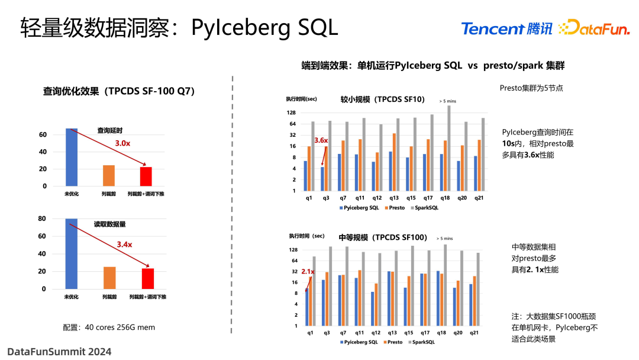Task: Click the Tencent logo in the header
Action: click(506, 28)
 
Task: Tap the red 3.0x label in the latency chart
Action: click(123, 143)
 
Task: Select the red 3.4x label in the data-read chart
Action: click(124, 244)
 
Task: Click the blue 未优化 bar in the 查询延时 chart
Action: click(72, 157)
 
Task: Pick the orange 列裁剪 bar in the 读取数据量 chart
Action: click(109, 278)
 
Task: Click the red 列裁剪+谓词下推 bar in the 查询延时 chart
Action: click(146, 176)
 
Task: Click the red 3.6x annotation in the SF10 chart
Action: click(321, 140)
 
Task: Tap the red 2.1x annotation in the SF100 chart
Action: click(307, 272)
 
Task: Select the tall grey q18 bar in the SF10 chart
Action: click(448, 148)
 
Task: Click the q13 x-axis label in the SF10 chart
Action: click(394, 198)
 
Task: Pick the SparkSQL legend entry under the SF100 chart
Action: click(421, 342)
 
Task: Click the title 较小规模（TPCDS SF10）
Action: click(382, 99)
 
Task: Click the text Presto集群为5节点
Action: click(531, 88)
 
